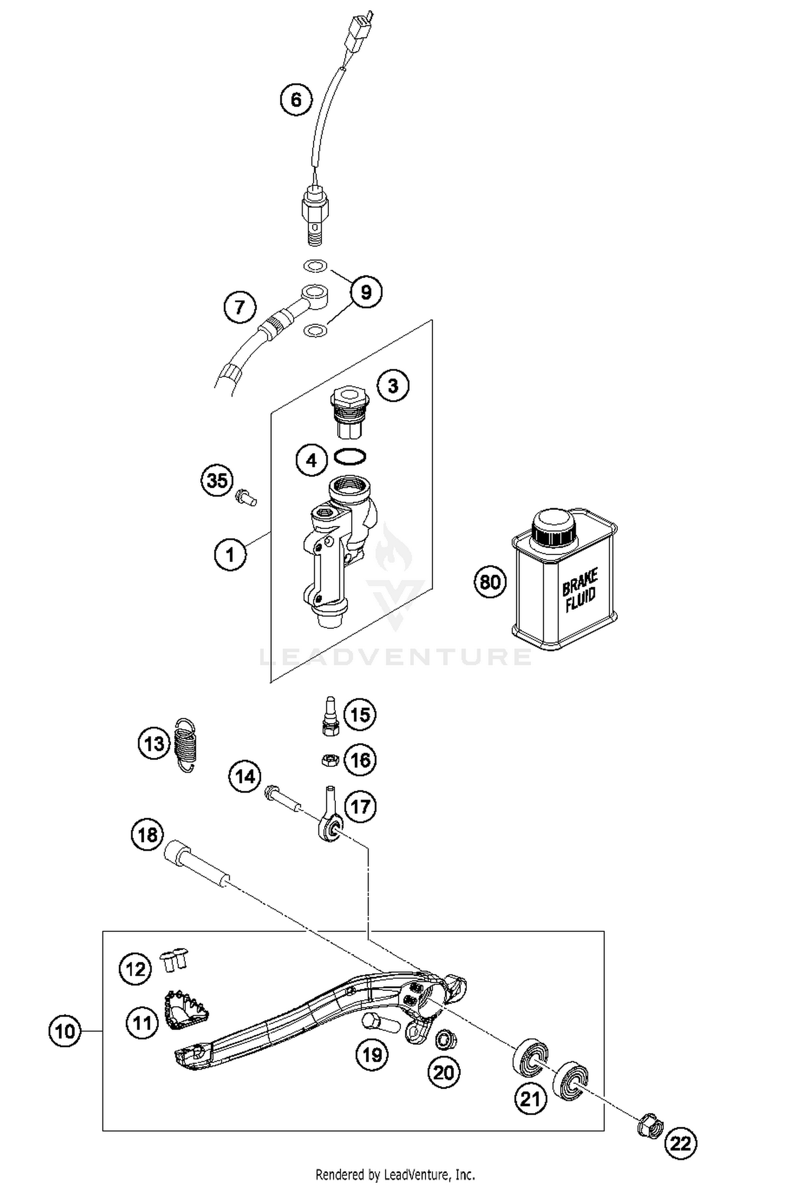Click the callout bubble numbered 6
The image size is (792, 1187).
[x=296, y=99]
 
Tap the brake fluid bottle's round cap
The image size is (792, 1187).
[x=552, y=526]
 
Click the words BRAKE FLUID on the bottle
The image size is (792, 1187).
[x=580, y=590]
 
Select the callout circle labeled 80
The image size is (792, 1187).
[x=489, y=581]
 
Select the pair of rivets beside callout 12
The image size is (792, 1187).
[x=174, y=959]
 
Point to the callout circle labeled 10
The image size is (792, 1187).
[x=65, y=1031]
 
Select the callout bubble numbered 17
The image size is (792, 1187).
[x=360, y=806]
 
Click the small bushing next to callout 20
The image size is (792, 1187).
[x=446, y=1039]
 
